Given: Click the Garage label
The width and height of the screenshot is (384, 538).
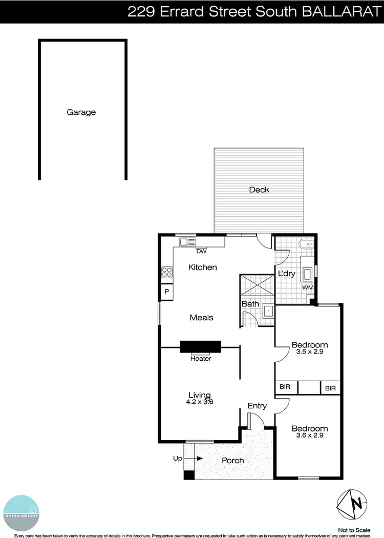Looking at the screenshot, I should (81, 112).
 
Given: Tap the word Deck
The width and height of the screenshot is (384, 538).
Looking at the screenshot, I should (259, 190).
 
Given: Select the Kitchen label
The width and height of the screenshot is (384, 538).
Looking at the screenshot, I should (203, 267).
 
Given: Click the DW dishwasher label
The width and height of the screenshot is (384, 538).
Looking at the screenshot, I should (201, 251).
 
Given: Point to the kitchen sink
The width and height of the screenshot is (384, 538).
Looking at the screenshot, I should (187, 242).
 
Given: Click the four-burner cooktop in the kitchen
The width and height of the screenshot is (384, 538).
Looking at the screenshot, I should (167, 273).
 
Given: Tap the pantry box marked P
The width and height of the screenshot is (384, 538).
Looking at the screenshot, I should (166, 292).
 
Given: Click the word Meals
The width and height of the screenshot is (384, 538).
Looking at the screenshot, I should (201, 318).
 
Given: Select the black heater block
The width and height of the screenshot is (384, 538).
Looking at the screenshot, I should (200, 346).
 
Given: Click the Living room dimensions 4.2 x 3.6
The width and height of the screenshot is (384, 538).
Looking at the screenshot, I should (200, 402).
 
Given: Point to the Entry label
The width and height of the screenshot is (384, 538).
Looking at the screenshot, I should (257, 406).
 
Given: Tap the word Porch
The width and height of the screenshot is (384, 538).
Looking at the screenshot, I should (232, 461).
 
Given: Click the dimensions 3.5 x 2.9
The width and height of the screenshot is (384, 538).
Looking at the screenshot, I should (309, 352).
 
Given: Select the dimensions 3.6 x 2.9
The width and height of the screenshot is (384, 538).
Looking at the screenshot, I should (309, 436).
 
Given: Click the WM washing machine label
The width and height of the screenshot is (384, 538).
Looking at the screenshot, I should (308, 288).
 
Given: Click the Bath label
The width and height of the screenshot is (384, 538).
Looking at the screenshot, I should (250, 304).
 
